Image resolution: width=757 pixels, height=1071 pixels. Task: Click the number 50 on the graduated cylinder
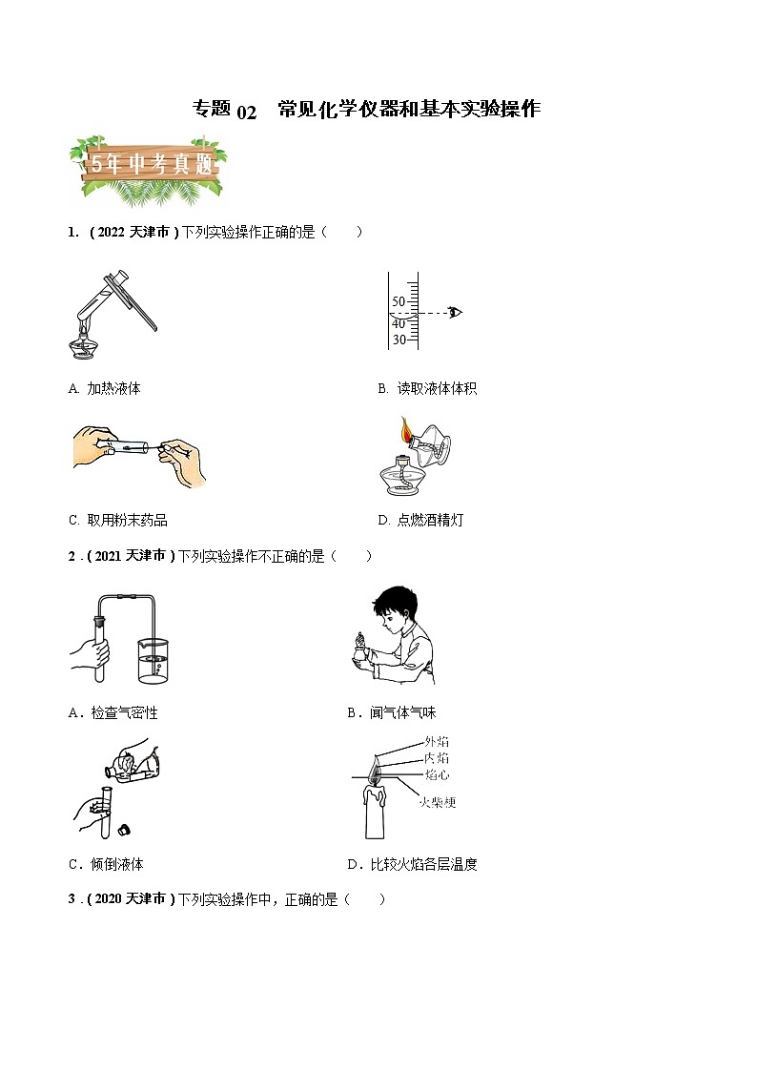click(x=399, y=301)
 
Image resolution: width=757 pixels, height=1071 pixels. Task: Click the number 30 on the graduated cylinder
click(x=399, y=340)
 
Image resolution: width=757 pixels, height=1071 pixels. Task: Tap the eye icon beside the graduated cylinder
click(x=456, y=312)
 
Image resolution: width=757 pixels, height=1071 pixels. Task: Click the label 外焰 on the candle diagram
click(x=437, y=741)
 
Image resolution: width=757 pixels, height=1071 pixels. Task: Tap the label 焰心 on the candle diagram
click(x=437, y=774)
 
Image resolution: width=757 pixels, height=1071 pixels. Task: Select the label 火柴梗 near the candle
click(x=438, y=802)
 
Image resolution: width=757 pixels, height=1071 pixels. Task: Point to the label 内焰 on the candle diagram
click(x=437, y=758)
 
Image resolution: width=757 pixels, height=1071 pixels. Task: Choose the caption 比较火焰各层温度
click(x=420, y=864)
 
